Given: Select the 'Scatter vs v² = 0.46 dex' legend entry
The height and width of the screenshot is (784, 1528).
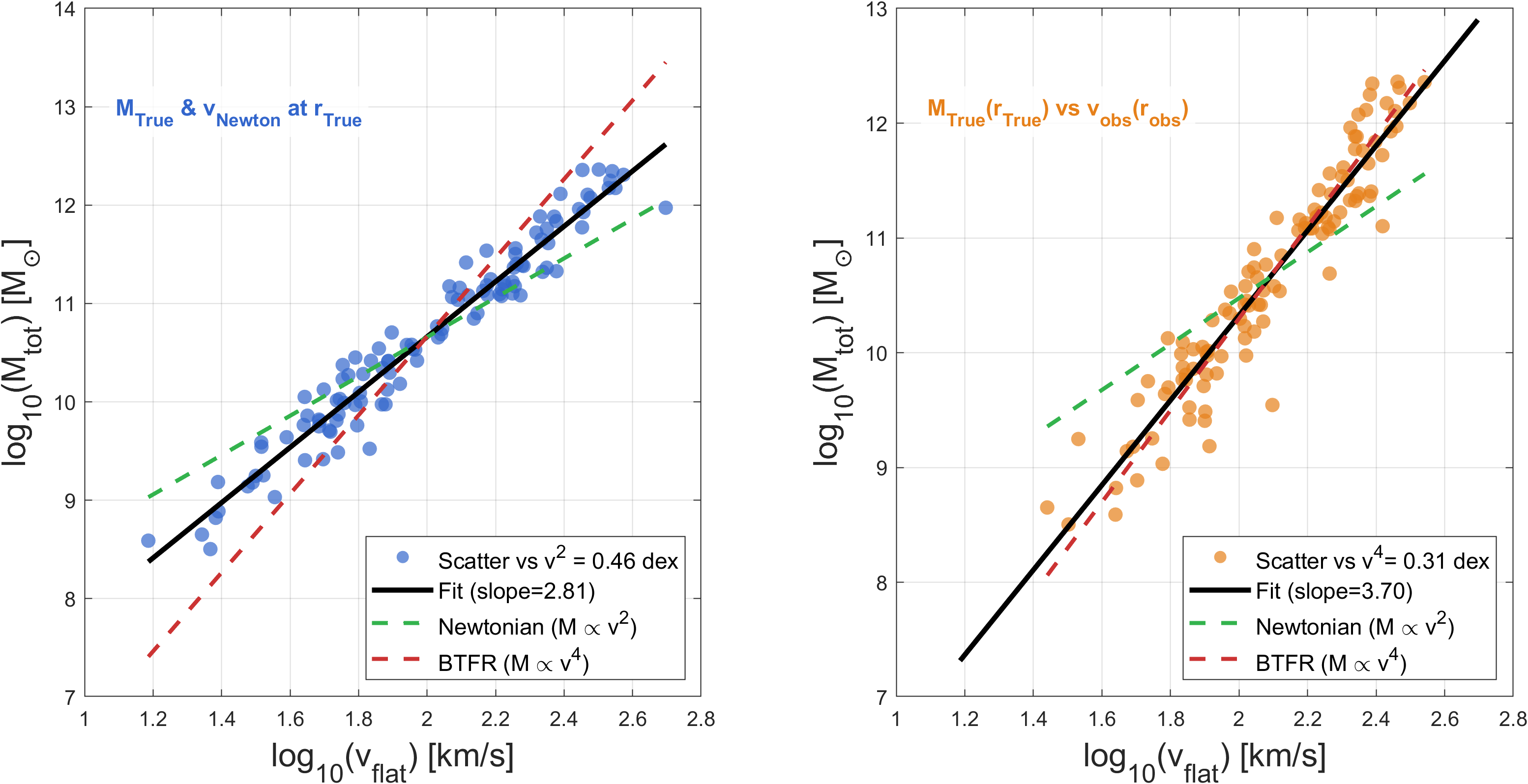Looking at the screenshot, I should (x=558, y=560).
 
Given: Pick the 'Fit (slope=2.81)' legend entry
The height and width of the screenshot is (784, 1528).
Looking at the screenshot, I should (x=516, y=591).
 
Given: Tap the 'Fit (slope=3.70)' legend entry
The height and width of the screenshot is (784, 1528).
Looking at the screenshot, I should (x=1333, y=591).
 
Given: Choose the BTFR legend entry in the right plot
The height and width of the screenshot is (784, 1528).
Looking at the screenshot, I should (x=1330, y=663).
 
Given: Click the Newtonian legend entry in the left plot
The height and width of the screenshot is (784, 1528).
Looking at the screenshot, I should (x=537, y=627).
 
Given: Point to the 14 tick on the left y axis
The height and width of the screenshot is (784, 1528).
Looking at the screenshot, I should (x=65, y=9).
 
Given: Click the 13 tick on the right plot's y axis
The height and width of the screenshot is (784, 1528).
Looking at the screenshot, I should (x=877, y=9).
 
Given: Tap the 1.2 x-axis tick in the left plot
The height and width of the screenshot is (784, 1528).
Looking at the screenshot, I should (x=153, y=719).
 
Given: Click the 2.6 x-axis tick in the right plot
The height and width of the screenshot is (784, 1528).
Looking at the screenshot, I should (x=1444, y=719).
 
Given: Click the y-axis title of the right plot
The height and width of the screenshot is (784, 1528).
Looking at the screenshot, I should (x=830, y=353).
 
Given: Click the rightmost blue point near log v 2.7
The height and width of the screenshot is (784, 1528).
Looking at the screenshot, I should (x=666, y=207).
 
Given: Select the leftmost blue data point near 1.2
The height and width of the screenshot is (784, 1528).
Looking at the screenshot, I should (x=148, y=540).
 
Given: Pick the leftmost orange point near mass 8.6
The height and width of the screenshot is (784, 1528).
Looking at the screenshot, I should (x=1047, y=508).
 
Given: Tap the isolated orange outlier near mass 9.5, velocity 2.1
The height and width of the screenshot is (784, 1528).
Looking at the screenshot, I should (x=1272, y=405).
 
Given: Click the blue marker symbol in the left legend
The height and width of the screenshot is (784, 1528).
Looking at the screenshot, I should (x=403, y=557).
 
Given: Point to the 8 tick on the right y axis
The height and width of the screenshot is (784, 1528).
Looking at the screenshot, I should (x=882, y=583).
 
